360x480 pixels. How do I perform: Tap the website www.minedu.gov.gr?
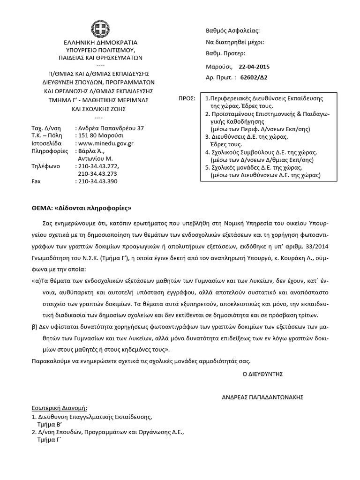[107, 144]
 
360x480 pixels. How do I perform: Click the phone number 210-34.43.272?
[98, 166]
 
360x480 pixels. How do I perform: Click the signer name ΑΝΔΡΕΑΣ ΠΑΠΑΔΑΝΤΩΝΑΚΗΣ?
[262, 397]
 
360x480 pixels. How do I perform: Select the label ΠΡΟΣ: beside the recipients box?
[187, 99]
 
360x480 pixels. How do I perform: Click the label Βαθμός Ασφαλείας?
[232, 31]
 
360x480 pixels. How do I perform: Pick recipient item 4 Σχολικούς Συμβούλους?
[262, 152]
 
